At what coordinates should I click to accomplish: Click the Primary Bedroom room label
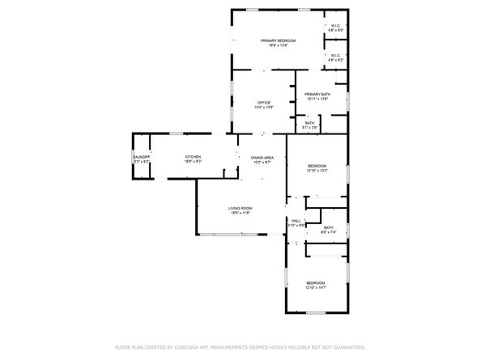pos(278,40)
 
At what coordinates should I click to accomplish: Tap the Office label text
pos(264,103)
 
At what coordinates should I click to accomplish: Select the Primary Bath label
pos(317,95)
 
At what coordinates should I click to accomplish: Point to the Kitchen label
pos(193,157)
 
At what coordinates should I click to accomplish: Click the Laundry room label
pos(142,158)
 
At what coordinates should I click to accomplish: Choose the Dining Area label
pos(262,158)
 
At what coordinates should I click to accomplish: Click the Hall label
pos(296,220)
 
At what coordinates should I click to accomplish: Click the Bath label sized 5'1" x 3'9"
pos(310,123)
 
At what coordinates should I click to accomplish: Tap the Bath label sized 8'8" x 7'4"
pos(328,228)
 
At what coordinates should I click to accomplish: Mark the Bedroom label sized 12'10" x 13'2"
pos(317,166)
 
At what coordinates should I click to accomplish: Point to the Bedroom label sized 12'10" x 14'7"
pos(315,282)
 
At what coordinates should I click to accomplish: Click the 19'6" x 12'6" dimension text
pos(278,45)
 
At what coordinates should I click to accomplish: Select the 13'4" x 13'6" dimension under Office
pos(264,108)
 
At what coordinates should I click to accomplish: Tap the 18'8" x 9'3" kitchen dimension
pos(193,162)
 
